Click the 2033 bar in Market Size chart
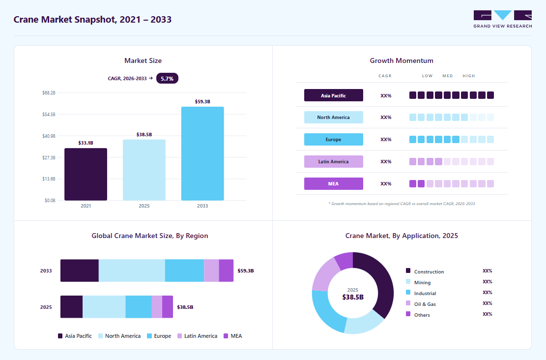pyautogui.click(x=202, y=153)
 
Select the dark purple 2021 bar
pyautogui.click(x=86, y=174)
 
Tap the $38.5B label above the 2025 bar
pyautogui.click(x=144, y=135)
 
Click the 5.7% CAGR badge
pyautogui.click(x=167, y=78)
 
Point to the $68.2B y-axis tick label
pyautogui.click(x=49, y=92)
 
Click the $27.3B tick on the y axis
pyautogui.click(x=49, y=157)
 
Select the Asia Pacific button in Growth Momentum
pyautogui.click(x=334, y=95)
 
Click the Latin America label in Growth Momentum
pyautogui.click(x=334, y=162)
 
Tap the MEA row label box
pyautogui.click(x=334, y=183)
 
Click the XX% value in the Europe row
pyautogui.click(x=386, y=139)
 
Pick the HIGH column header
pyautogui.click(x=469, y=76)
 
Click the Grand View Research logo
pyautogui.click(x=502, y=19)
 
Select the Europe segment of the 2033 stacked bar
pyautogui.click(x=185, y=270)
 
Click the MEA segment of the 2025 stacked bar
pyautogui.click(x=168, y=307)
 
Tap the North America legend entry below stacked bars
pyautogui.click(x=119, y=336)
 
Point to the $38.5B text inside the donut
pyautogui.click(x=353, y=297)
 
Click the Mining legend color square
pyautogui.click(x=408, y=282)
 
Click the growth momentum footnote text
pyautogui.click(x=402, y=204)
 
